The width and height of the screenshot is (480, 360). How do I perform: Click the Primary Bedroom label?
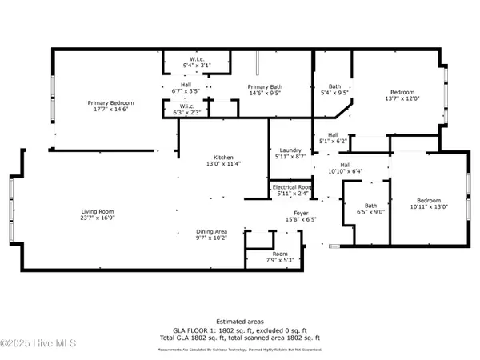tap(110, 103)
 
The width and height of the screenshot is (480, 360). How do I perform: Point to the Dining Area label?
tap(190, 230)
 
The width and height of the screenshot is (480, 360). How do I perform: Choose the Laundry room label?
tap(289, 150)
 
